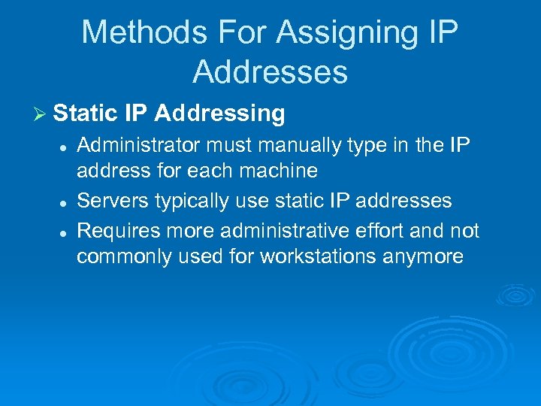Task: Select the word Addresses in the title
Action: [x=270, y=71]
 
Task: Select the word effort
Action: [x=385, y=229]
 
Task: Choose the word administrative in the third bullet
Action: [x=286, y=229]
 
